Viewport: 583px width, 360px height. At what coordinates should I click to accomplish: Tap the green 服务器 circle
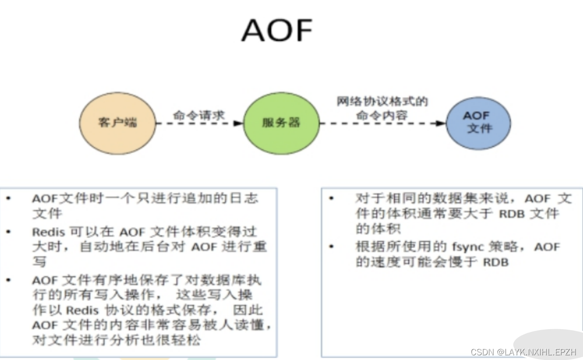click(x=281, y=123)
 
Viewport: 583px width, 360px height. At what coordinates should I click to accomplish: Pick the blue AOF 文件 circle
click(x=478, y=122)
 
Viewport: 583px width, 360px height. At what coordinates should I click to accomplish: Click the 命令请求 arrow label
click(x=199, y=115)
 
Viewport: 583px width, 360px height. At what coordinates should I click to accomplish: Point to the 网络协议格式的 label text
click(x=382, y=101)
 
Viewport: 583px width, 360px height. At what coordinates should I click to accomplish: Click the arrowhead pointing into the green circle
click(x=238, y=123)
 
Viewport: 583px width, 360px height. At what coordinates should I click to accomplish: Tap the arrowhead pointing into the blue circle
click(x=441, y=123)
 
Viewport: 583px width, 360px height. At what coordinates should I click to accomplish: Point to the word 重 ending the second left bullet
click(x=260, y=246)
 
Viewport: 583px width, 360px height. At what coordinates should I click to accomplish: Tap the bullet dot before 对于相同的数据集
click(x=331, y=198)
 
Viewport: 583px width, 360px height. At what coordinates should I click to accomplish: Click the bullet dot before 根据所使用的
click(x=331, y=246)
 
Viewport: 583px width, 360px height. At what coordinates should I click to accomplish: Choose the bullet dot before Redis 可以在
click(x=8, y=232)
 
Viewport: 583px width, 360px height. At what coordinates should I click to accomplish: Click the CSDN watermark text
click(x=523, y=352)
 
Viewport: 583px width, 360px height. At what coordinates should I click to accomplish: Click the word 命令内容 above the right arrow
click(x=382, y=115)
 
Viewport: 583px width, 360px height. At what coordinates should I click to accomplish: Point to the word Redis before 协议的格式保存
click(x=82, y=310)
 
